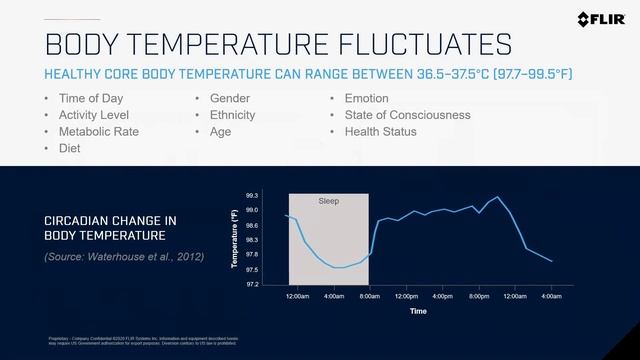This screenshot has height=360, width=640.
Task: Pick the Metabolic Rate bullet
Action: pos(99,131)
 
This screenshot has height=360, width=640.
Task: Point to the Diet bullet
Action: pos(71,148)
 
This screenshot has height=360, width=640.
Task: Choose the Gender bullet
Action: pos(230,99)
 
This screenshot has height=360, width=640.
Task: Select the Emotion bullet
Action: pos(366,99)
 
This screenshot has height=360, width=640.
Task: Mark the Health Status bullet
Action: pos(382,131)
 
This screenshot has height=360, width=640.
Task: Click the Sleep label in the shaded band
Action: pos(329,201)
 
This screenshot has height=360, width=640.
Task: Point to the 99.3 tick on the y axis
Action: pos(251,195)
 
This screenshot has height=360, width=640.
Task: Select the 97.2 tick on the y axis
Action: pos(251,285)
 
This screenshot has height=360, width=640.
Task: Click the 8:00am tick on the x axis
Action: pos(370,297)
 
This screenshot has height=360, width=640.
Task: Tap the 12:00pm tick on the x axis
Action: pos(407,297)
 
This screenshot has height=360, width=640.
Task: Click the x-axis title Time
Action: pos(418,311)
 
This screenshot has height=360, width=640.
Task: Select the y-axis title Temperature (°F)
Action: pos(235,240)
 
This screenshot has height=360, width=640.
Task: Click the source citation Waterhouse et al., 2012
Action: pos(124,257)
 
